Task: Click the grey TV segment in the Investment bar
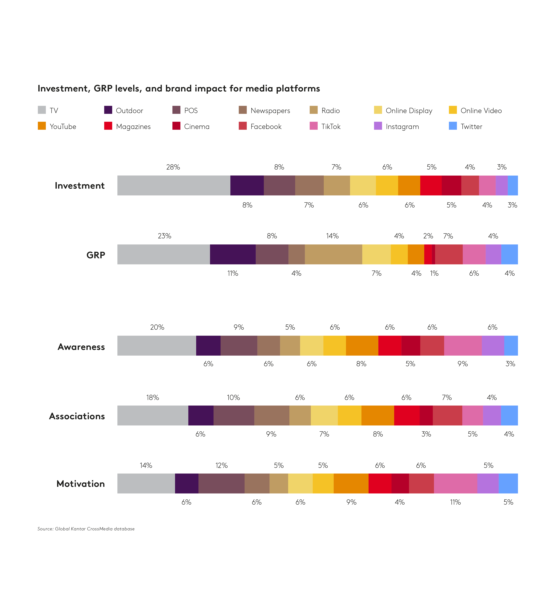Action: [x=174, y=185]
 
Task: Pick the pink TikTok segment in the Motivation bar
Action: [x=455, y=483]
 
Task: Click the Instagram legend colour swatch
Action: [x=378, y=126]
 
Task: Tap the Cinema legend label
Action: [x=197, y=127]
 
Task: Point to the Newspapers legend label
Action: [x=270, y=111]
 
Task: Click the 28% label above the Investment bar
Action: [x=173, y=167]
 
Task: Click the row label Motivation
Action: [x=81, y=484]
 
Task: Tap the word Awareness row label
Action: [x=81, y=347]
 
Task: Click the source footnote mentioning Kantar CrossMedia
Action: [x=86, y=529]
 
